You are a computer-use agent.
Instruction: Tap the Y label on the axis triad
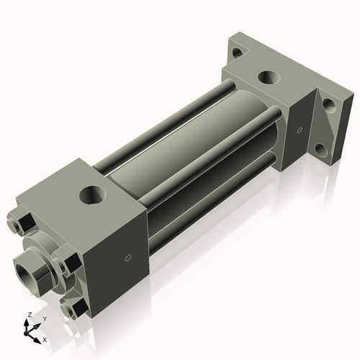[44, 318]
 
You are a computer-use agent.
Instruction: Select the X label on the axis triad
[45, 338]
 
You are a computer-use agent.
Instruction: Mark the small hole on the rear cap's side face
[299, 130]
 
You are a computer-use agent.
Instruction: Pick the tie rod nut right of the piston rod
[68, 259]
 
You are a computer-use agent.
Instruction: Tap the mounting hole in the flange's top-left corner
[236, 51]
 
